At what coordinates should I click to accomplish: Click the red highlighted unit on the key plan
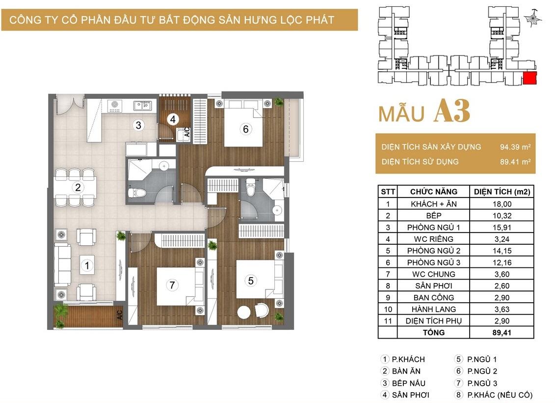(530, 78)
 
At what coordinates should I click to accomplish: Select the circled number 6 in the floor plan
(246, 129)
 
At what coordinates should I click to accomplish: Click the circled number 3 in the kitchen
(138, 125)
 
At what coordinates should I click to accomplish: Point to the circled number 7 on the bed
(172, 285)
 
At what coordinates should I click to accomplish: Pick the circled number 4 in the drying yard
(173, 119)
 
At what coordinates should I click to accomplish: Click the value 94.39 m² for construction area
(515, 147)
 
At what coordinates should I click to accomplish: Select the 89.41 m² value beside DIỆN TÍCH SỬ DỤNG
(515, 162)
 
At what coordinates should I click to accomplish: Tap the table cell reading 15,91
(502, 228)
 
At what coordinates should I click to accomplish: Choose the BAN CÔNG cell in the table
(434, 298)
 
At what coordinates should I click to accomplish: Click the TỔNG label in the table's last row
(434, 332)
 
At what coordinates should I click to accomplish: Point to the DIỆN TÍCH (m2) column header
(502, 192)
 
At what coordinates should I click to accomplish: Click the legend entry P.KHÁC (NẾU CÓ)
(500, 395)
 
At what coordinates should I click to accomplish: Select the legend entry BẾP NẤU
(408, 383)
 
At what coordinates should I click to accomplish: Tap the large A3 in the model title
(452, 111)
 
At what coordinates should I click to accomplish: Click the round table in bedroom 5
(244, 313)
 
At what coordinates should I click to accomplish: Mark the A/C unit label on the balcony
(120, 315)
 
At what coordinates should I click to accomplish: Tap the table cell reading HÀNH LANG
(434, 310)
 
